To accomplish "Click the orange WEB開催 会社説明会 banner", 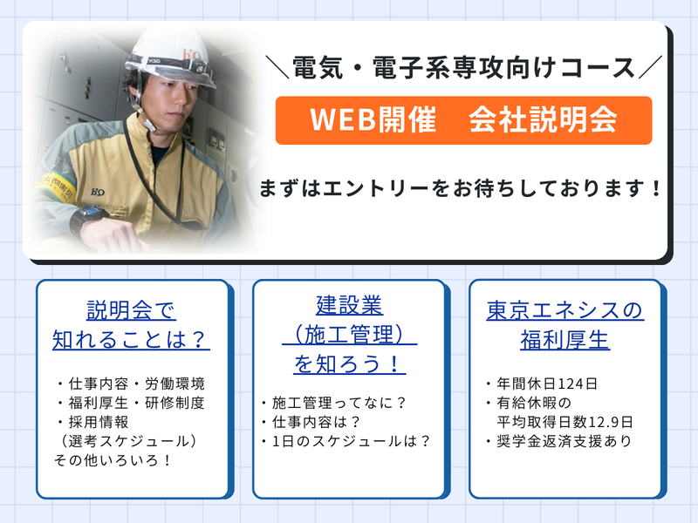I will click(x=463, y=119).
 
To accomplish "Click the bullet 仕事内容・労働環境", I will click(x=129, y=384).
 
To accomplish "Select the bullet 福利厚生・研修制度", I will click(x=129, y=403).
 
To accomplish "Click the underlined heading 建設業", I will click(x=349, y=306).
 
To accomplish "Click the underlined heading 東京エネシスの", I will click(x=565, y=310).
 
